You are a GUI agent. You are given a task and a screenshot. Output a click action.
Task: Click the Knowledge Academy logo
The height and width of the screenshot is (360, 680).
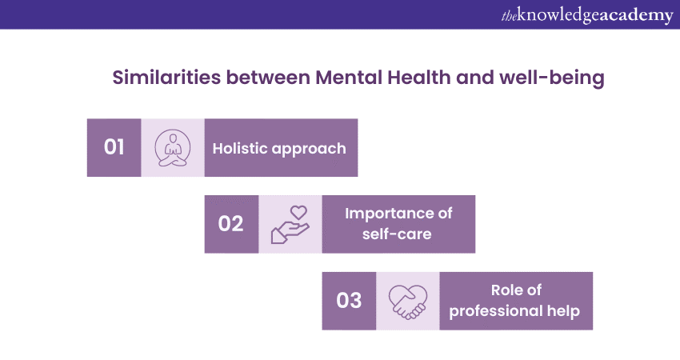pos(587,16)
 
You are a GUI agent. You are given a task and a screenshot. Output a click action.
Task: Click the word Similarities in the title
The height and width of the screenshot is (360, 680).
pos(166,78)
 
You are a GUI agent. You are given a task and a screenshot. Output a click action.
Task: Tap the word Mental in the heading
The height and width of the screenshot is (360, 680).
pos(349,78)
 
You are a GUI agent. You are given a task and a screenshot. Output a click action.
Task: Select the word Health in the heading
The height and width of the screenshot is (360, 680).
pos(419,78)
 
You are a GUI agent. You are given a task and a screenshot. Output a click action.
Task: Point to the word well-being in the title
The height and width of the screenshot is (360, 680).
pos(552,78)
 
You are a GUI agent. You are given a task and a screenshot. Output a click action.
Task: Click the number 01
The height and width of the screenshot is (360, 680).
pos(114,147)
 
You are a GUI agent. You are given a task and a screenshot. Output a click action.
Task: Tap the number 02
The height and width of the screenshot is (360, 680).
pos(230,224)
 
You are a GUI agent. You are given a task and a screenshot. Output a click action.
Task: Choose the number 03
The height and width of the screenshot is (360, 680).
pos(349,301)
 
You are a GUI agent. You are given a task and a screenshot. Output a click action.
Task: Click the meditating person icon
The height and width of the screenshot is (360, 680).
pos(173,148)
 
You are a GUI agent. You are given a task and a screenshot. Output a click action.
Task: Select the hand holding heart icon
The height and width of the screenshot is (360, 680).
pos(290,224)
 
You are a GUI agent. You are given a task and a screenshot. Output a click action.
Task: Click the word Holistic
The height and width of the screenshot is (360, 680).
pos(240,148)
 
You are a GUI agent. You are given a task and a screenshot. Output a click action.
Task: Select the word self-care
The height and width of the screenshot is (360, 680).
pos(397,234)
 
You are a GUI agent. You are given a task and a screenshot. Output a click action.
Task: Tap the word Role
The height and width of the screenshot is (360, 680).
pos(505,290)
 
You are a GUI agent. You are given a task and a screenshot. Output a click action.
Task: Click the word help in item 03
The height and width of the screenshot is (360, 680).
pos(563,310)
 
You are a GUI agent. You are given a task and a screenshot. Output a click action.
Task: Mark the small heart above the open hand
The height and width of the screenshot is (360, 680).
pos(298,212)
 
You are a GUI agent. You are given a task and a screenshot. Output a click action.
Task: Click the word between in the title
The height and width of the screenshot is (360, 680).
pos(268,78)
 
